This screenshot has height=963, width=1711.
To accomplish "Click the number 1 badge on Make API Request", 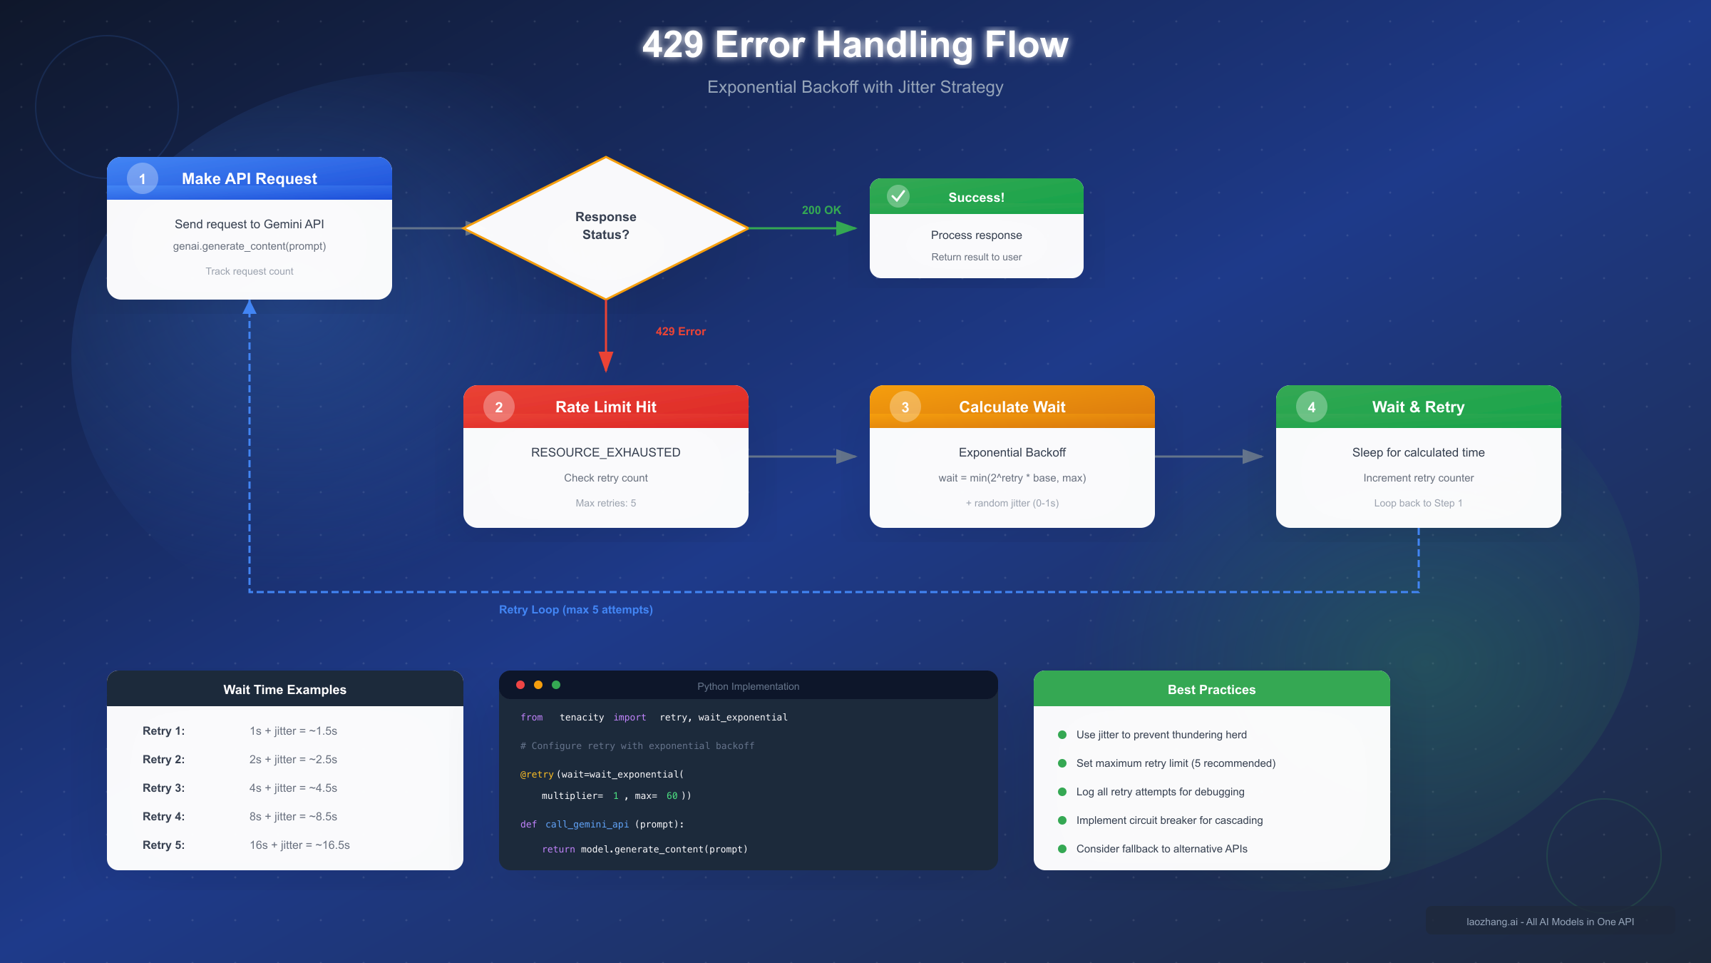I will tap(143, 178).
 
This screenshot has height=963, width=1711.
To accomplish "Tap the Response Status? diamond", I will tap(605, 227).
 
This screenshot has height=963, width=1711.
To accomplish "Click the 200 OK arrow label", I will tap(821, 210).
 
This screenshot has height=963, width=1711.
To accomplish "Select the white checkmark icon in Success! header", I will tap(898, 195).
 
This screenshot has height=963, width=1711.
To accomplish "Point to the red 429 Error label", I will tap(680, 331).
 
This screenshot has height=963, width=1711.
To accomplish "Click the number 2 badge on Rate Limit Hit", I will tap(499, 407).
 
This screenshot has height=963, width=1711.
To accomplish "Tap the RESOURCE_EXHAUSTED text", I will tap(605, 452).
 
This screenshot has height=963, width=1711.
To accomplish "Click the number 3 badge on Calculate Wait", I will tap(905, 407).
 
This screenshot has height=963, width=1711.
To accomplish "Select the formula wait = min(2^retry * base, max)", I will tap(1012, 478).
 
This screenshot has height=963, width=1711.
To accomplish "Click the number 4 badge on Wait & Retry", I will tap(1312, 407).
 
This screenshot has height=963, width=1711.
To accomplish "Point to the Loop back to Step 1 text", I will tap(1418, 503).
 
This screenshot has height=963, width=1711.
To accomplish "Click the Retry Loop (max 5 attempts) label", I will tap(575, 609).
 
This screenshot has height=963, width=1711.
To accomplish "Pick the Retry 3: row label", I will tap(163, 788).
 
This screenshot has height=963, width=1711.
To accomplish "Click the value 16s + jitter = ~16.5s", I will tap(299, 845).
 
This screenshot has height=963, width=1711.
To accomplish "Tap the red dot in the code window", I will tap(520, 685).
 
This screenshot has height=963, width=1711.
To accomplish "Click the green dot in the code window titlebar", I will tap(556, 685).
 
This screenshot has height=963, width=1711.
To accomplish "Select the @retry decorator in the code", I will tap(537, 774).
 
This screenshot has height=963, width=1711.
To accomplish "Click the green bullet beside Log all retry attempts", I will tap(1062, 792).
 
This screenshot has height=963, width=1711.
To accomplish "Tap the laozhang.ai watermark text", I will tap(1550, 922).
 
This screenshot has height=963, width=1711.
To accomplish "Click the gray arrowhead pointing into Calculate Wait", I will tap(846, 457).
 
